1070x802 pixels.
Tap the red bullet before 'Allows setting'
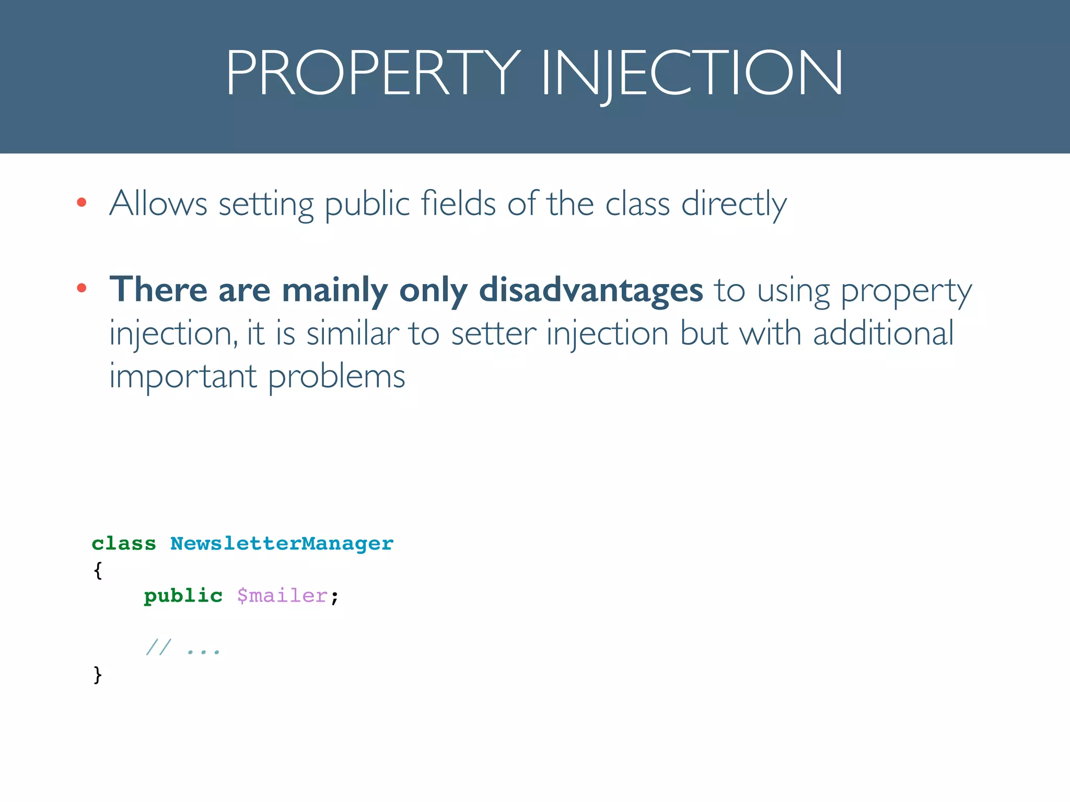pos(82,203)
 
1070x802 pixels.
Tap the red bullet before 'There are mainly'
pos(82,288)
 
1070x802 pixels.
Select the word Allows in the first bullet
pos(158,203)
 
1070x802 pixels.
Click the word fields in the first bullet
pos(458,203)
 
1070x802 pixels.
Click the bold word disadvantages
pos(591,290)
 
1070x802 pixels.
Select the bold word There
pos(158,290)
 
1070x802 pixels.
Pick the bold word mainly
pos(334,290)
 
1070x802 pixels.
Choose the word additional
pos(883,333)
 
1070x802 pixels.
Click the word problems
pos(336,376)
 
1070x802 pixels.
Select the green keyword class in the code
pos(124,544)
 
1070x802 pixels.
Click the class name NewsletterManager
pos(282,544)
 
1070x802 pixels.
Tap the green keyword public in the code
pos(183,596)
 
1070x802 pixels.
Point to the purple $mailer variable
pos(282,596)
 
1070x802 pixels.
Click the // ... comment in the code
pos(183,648)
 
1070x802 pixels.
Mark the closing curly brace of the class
pos(98,675)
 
